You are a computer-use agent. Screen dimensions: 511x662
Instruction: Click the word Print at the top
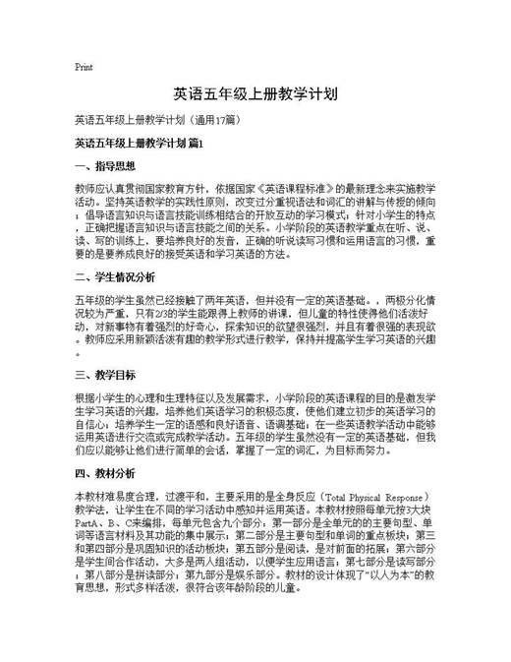[x=84, y=67]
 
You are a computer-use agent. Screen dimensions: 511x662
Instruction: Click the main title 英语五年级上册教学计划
[x=255, y=94]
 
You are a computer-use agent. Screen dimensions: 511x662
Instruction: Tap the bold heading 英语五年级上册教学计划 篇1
[x=138, y=144]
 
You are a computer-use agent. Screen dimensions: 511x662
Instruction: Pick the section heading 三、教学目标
[x=101, y=375]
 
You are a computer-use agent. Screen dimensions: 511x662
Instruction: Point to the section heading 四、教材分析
[x=101, y=473]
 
